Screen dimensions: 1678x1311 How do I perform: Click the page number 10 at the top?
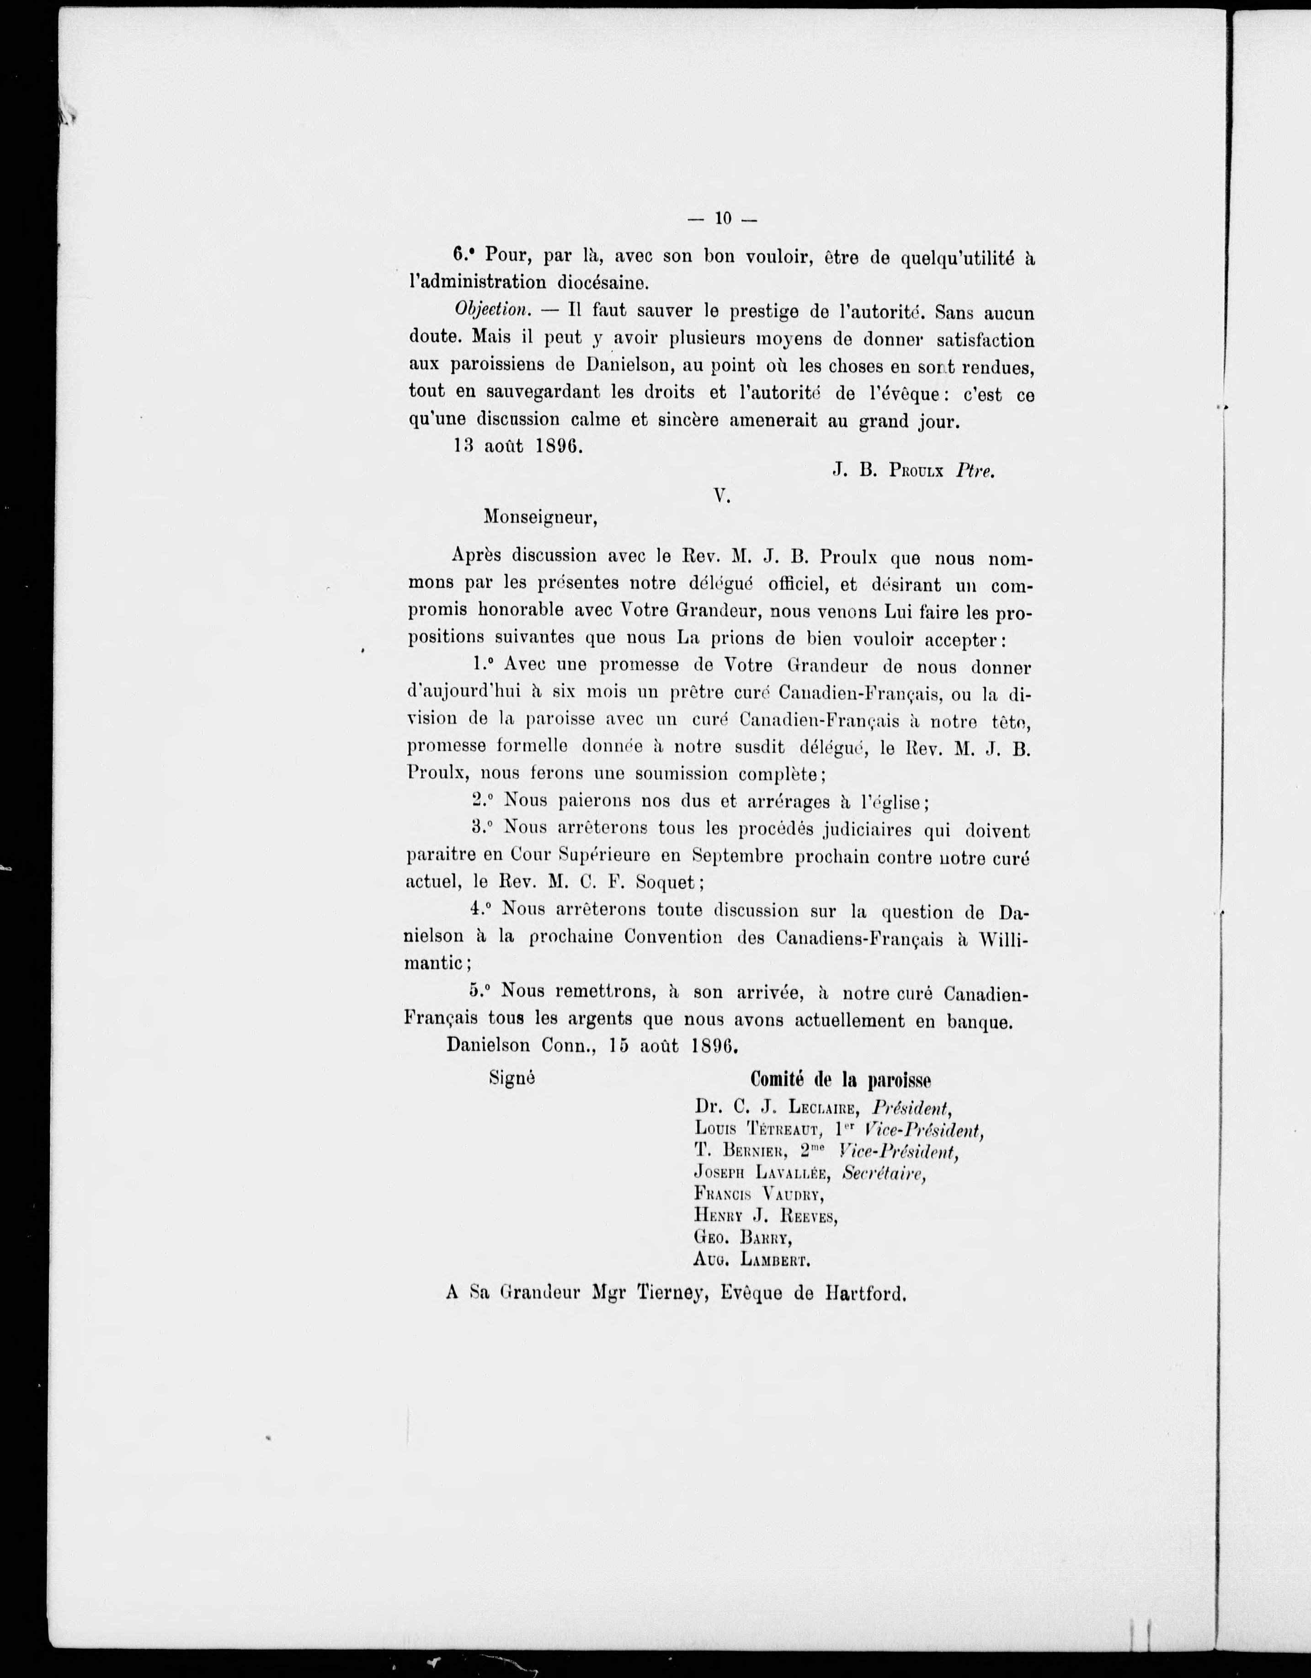pos(722,218)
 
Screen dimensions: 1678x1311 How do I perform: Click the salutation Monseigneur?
pos(540,518)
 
